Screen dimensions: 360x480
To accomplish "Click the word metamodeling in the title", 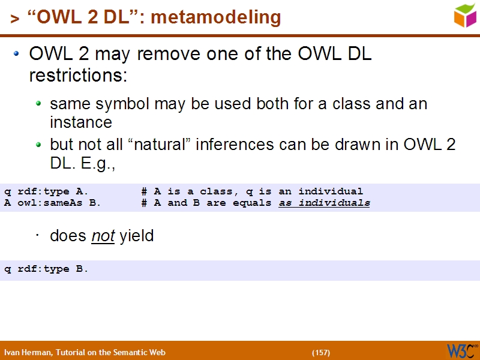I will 215,18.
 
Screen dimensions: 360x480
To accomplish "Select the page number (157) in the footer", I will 321,352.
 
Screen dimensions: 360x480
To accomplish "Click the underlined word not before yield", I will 103,236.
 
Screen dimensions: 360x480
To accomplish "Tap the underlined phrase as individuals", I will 325,203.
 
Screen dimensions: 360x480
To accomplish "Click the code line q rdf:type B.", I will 46,269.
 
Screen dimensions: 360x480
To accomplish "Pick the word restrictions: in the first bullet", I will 78,76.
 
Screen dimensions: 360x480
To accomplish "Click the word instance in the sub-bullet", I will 81,122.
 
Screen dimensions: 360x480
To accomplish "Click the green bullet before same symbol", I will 39,104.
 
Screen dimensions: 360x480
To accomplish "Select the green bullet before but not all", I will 39,145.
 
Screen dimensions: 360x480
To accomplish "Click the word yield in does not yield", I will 137,236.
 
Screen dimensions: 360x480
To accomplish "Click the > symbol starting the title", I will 14,19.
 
